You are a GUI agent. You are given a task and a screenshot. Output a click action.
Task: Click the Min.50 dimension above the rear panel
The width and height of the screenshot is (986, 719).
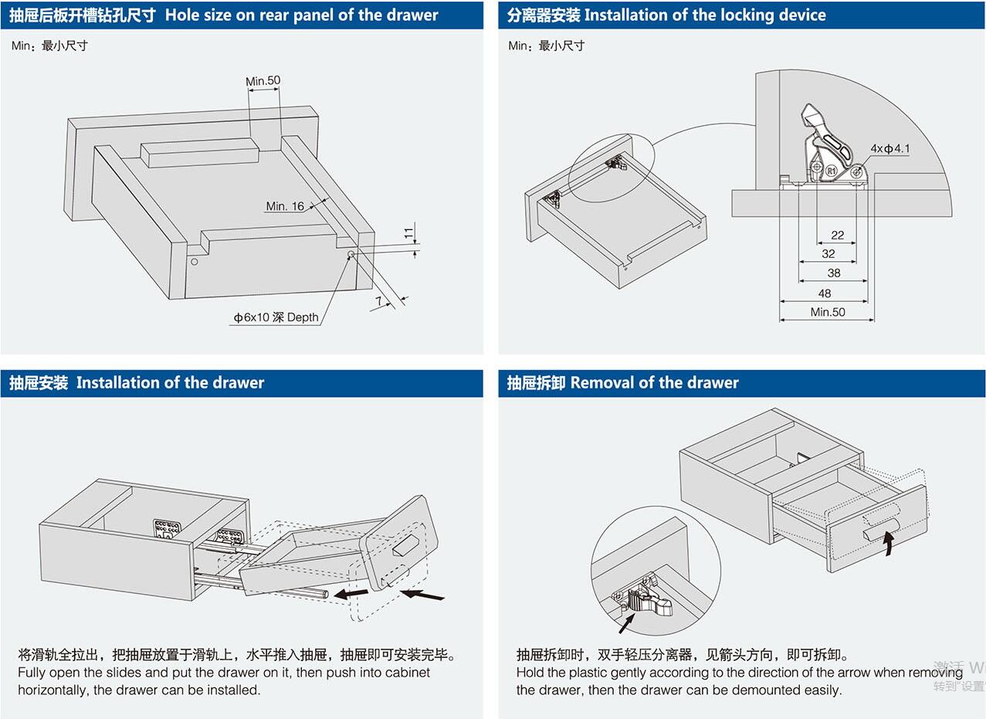pyautogui.click(x=263, y=81)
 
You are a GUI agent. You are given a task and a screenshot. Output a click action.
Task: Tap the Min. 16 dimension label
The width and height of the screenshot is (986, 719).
pyautogui.click(x=285, y=206)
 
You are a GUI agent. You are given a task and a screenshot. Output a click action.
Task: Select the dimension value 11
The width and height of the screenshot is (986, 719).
pyautogui.click(x=409, y=232)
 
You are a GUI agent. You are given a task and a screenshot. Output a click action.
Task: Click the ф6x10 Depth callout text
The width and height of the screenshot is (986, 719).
pyautogui.click(x=276, y=317)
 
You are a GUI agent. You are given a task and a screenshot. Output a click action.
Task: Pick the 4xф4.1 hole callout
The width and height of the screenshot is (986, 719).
pyautogui.click(x=890, y=148)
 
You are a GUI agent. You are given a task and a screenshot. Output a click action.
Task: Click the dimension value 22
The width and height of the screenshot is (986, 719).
pyautogui.click(x=838, y=235)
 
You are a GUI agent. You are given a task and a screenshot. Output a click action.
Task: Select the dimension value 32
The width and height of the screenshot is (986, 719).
pyautogui.click(x=828, y=253)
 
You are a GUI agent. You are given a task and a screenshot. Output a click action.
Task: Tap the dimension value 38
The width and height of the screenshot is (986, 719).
pyautogui.click(x=834, y=273)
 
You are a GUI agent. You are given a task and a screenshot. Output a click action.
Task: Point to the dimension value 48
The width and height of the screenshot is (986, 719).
pyautogui.click(x=825, y=293)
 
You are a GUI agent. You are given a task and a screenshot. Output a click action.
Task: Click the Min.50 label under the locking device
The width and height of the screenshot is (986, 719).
pyautogui.click(x=828, y=312)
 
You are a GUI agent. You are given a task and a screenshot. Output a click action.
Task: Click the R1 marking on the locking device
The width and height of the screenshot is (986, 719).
pyautogui.click(x=831, y=170)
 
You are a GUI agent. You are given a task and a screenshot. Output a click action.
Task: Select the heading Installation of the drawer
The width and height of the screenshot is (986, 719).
pyautogui.click(x=170, y=383)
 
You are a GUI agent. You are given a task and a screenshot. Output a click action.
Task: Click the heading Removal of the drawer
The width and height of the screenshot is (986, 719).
pyautogui.click(x=654, y=383)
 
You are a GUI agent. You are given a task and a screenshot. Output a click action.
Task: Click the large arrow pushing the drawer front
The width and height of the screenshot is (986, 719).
pyautogui.click(x=423, y=595)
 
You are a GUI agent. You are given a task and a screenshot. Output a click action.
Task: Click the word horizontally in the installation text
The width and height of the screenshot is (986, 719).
pyautogui.click(x=53, y=690)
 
